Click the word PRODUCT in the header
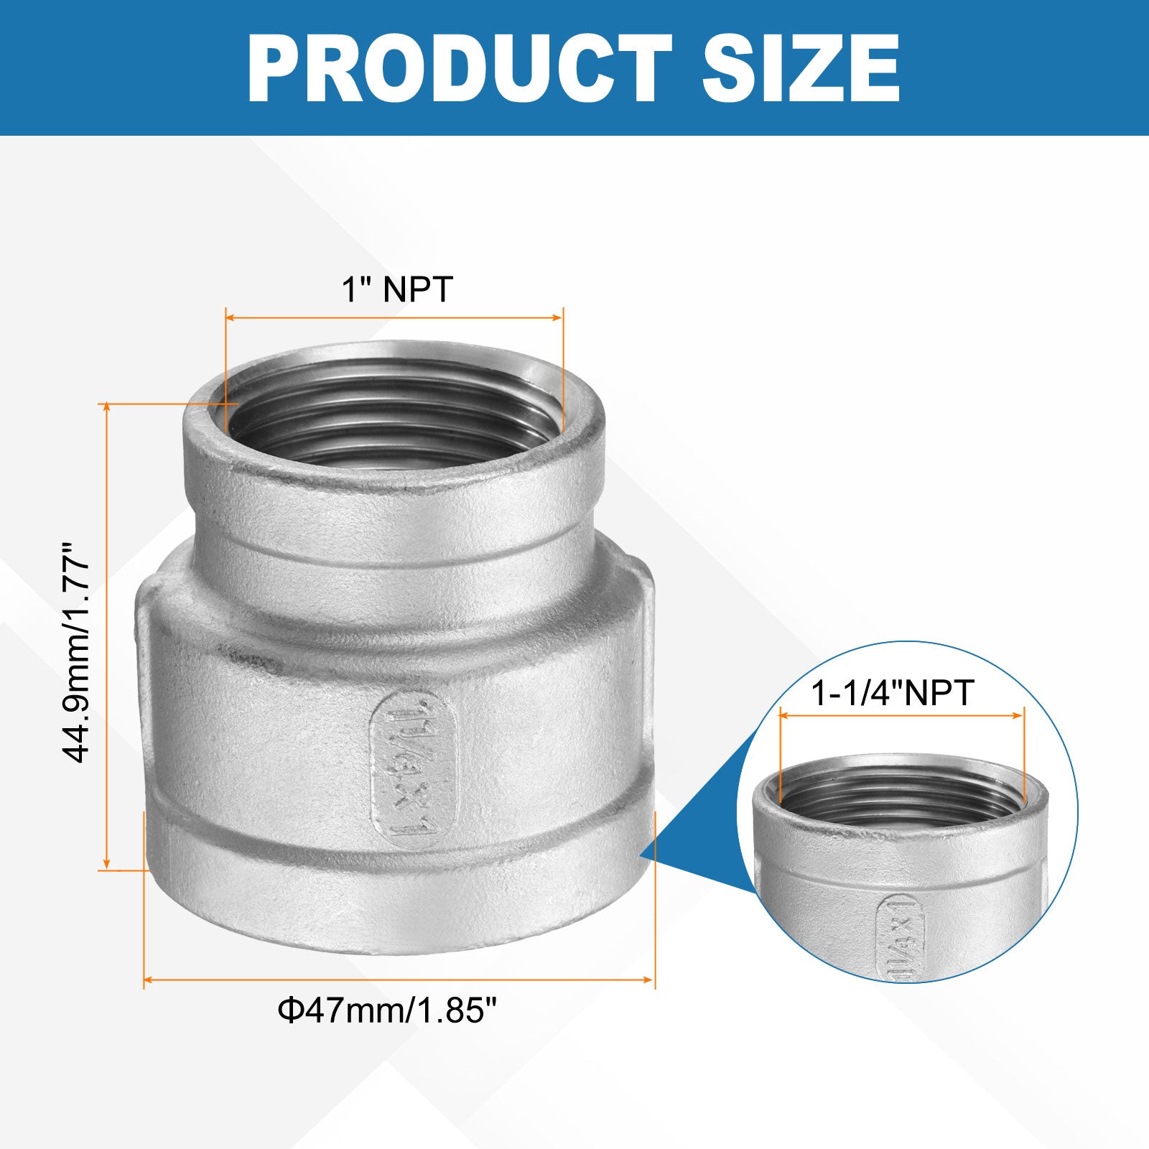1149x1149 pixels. click(460, 68)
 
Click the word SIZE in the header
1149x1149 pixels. click(801, 68)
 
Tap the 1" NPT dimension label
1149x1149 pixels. click(397, 289)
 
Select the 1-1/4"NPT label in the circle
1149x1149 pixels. click(892, 693)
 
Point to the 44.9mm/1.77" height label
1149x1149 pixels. click(77, 652)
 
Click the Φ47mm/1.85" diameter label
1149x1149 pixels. click(388, 1011)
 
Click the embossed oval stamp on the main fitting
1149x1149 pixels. click(413, 768)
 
